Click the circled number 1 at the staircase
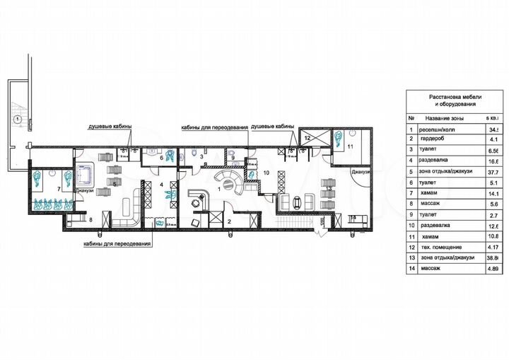(x=16, y=118)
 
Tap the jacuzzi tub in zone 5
(x=89, y=172)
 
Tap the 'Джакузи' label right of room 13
(x=360, y=172)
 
